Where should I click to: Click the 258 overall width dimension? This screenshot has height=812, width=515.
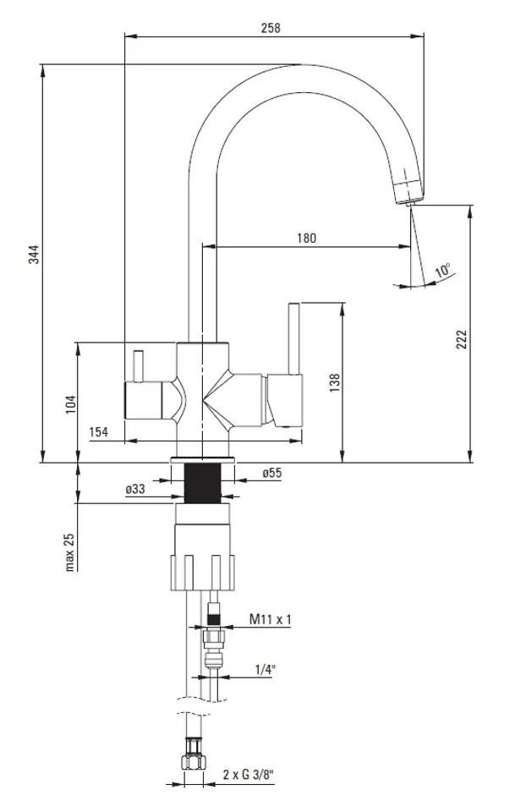[271, 28]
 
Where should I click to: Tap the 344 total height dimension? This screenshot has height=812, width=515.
[34, 255]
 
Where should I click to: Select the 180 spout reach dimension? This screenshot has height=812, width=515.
[306, 239]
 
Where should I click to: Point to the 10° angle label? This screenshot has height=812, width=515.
[443, 270]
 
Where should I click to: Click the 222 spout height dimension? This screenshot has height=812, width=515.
[461, 340]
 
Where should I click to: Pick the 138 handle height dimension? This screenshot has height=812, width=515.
[335, 382]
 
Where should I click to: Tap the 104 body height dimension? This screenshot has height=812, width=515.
[71, 404]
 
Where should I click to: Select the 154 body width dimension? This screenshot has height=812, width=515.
[98, 432]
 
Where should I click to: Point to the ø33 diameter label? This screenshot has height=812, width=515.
[135, 488]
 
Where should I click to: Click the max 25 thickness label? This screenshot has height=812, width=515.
[70, 552]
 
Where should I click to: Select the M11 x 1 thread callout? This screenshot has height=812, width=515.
[270, 619]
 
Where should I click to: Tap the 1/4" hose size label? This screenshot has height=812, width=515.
[265, 669]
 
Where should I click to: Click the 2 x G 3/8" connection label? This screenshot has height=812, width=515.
[249, 775]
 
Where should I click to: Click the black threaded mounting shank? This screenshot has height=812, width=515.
[202, 483]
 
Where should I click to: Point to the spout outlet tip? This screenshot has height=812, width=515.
[410, 202]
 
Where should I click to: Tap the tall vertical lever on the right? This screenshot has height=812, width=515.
[293, 338]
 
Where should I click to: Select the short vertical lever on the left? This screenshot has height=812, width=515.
[138, 367]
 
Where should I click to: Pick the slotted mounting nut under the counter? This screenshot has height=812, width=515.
[202, 572]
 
